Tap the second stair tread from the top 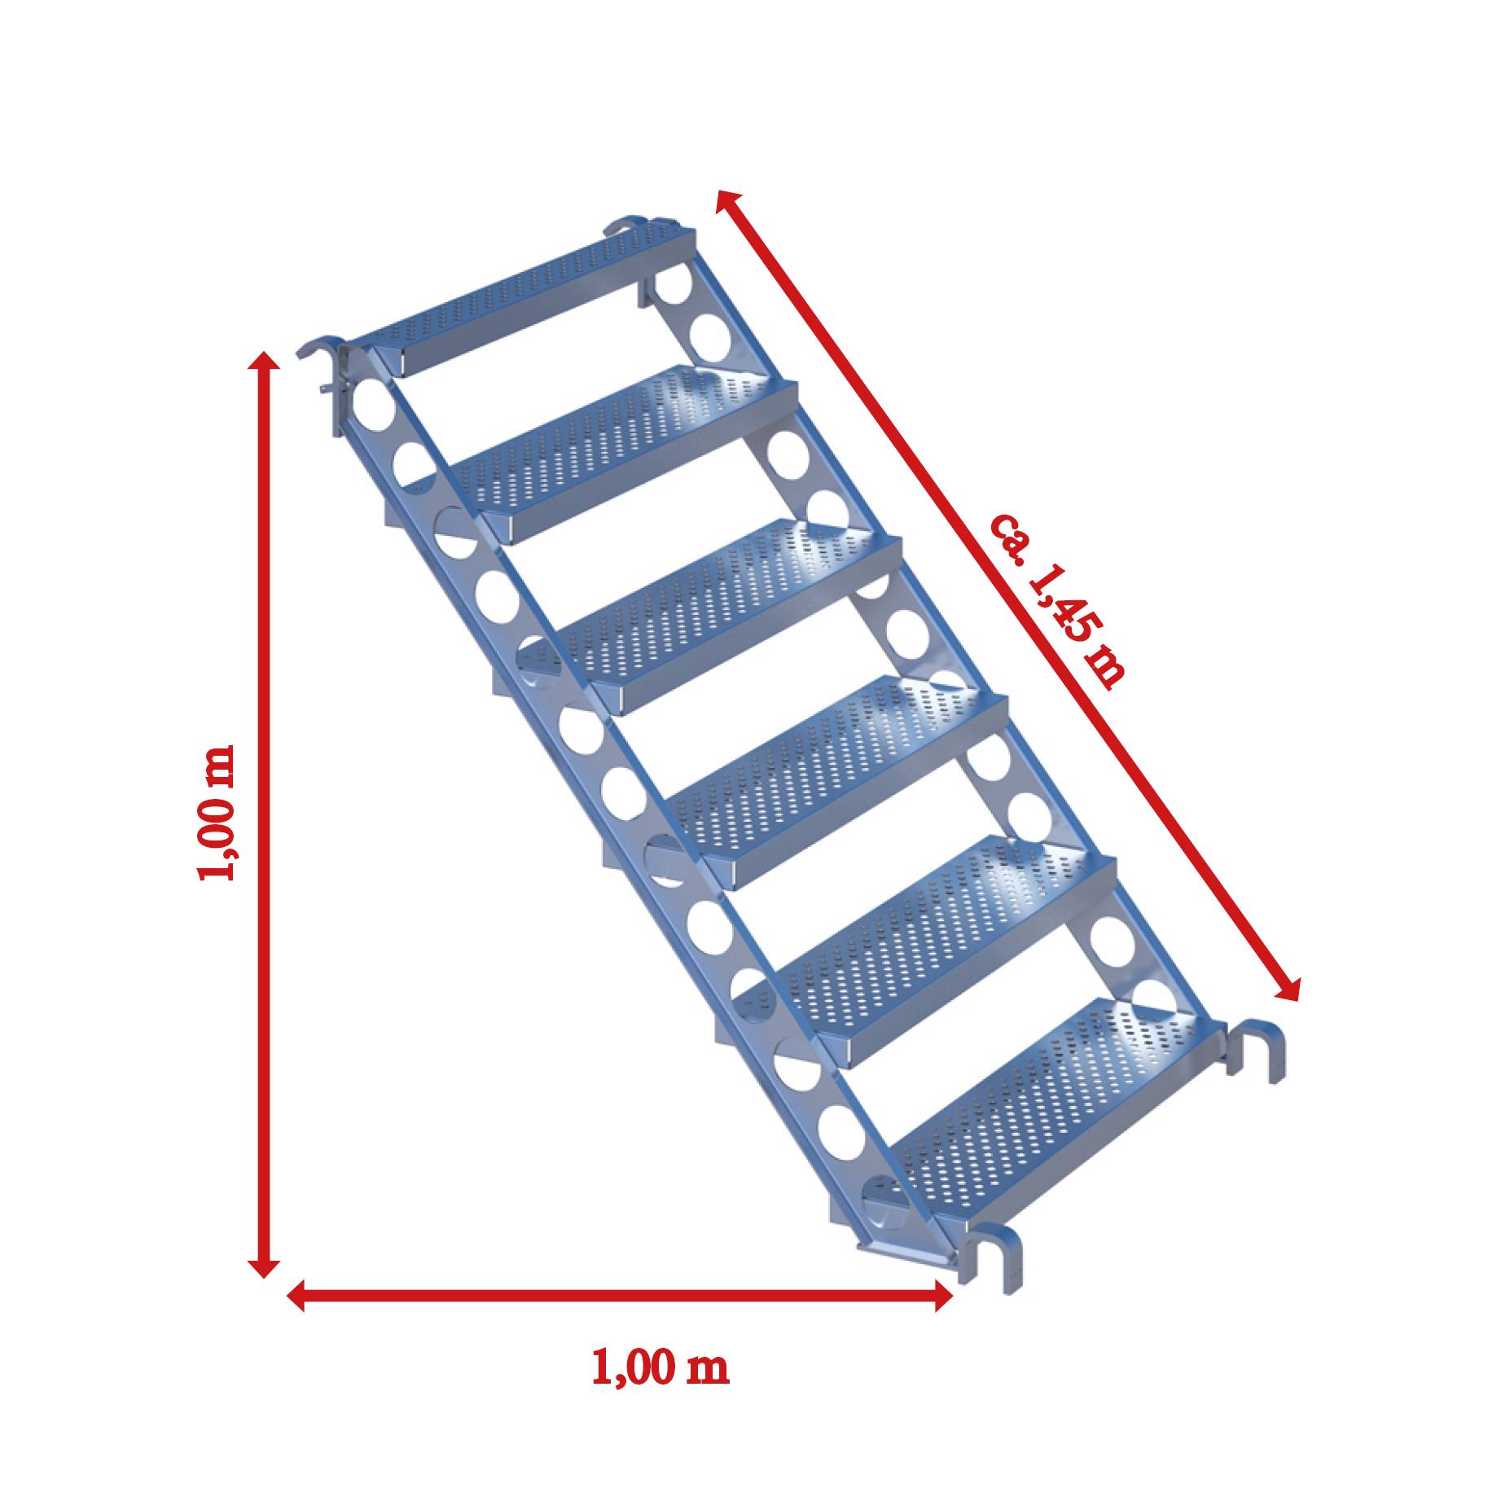click(627, 444)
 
